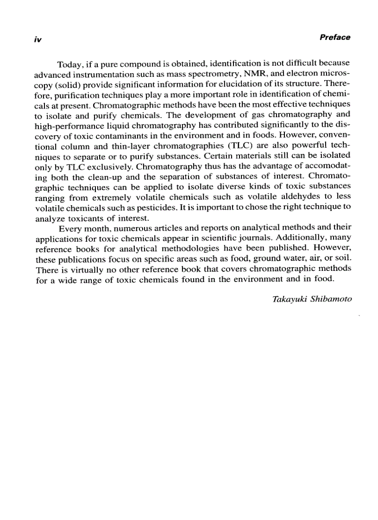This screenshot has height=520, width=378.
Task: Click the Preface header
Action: pos(335,38)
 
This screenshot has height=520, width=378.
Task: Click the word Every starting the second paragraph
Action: pos(69,228)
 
